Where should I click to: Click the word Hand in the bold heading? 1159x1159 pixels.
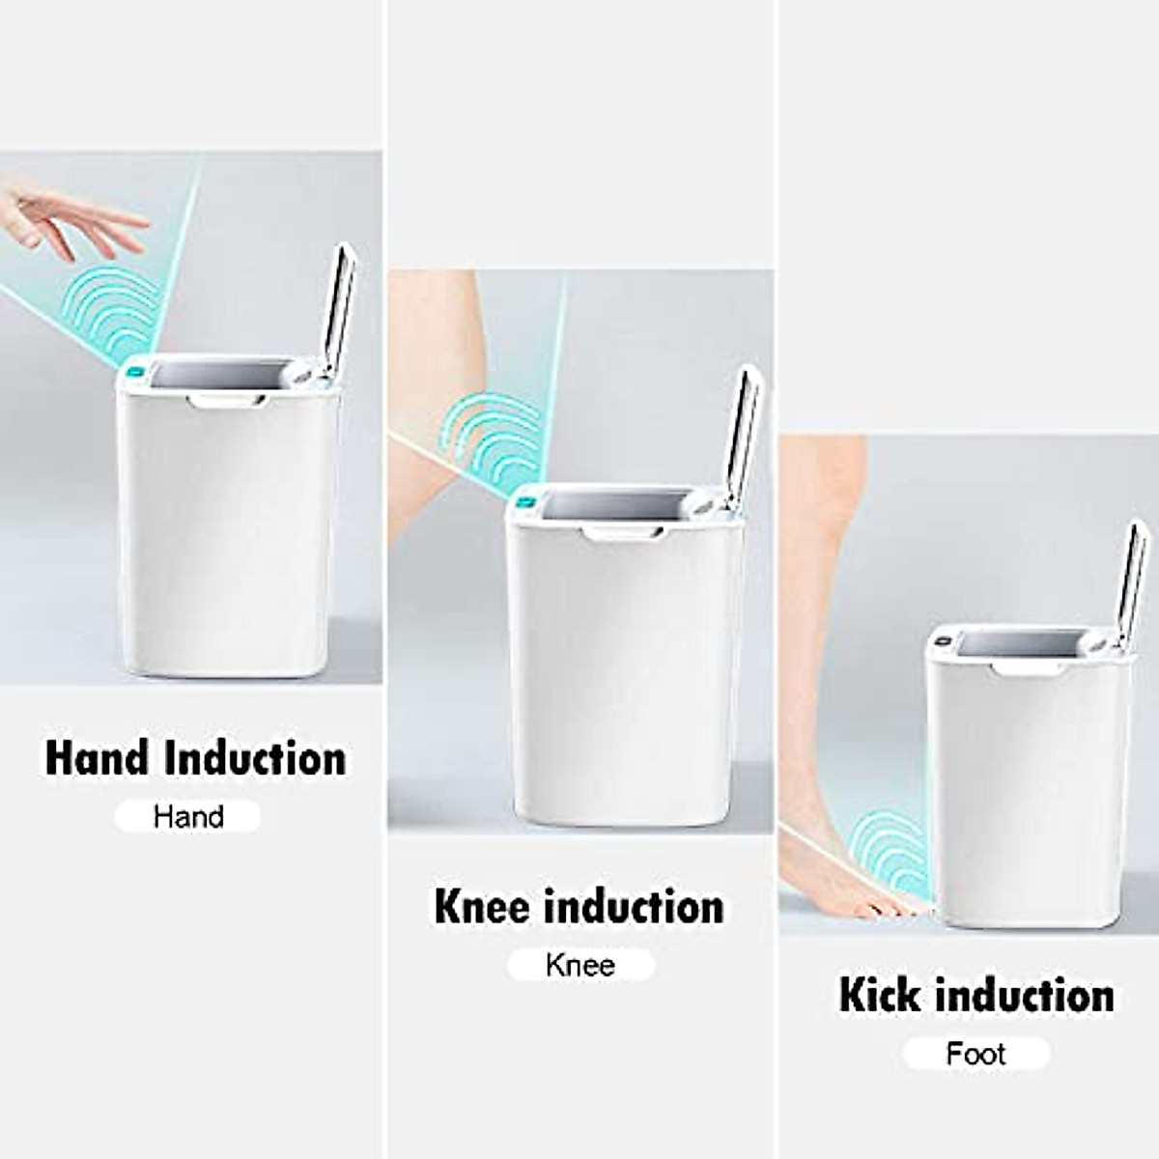pyautogui.click(x=99, y=758)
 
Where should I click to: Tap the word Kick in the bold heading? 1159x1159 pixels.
pyautogui.click(x=880, y=996)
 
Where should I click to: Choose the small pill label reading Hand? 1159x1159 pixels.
pyautogui.click(x=188, y=817)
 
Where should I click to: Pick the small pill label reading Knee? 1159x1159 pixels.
pyautogui.click(x=580, y=965)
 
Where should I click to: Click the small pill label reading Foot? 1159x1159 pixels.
pyautogui.click(x=975, y=1054)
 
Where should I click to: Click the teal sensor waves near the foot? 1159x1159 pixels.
pyautogui.click(x=890, y=850)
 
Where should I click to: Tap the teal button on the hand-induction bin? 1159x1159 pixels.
pyautogui.click(x=136, y=371)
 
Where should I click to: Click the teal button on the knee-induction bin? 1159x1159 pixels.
pyautogui.click(x=527, y=500)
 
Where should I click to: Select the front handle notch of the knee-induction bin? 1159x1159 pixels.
pyautogui.click(x=624, y=533)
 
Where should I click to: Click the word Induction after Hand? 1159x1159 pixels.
pyautogui.click(x=255, y=758)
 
